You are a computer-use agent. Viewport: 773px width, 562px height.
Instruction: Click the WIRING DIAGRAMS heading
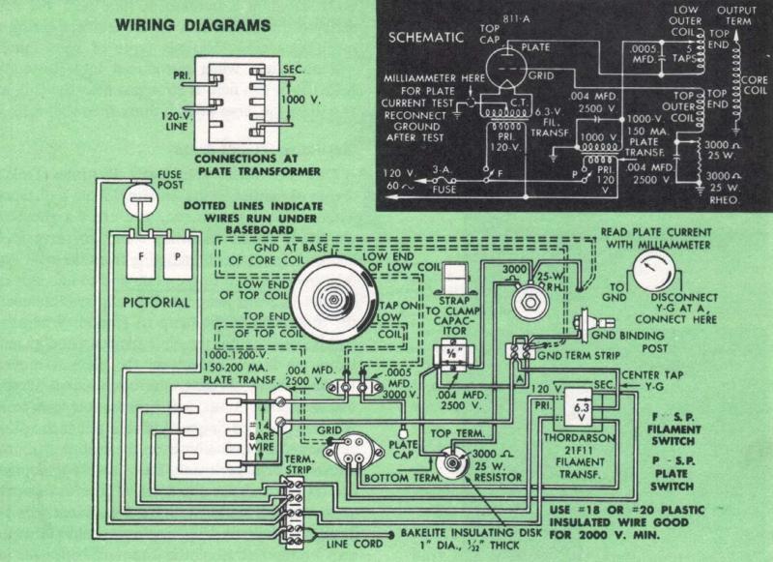[193, 26]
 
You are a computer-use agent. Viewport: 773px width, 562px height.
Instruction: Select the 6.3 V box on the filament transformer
[582, 410]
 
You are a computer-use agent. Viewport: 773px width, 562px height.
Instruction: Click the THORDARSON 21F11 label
[582, 453]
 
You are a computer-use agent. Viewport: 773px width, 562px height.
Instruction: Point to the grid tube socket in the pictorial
[355, 453]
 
